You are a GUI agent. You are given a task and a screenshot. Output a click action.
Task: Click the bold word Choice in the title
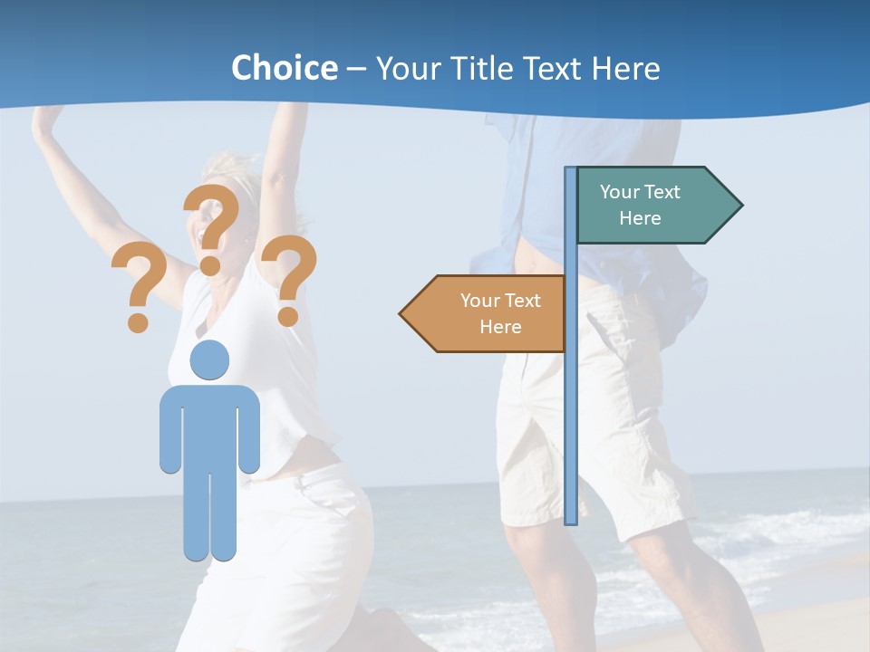(284, 68)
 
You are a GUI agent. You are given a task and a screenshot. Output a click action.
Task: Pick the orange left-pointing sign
(489, 313)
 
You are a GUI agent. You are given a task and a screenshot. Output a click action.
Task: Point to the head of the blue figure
(209, 360)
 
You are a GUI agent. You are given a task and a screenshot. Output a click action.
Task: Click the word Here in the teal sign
(640, 218)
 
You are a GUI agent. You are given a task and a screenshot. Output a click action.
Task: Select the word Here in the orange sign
(500, 327)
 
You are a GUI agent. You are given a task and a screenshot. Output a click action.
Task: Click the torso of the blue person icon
(209, 426)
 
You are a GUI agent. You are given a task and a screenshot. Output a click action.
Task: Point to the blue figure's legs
(209, 516)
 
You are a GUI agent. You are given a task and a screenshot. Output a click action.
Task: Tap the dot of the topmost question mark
(210, 265)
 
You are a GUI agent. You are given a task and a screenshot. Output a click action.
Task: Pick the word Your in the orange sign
(480, 301)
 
